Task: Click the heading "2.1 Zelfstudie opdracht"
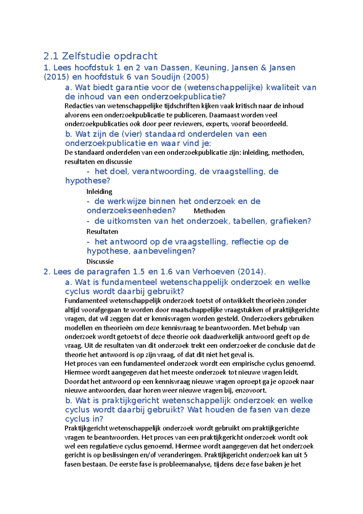click(100, 56)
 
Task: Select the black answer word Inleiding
click(99, 192)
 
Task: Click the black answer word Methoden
click(209, 211)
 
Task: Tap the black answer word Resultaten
click(102, 232)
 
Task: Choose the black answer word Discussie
click(100, 262)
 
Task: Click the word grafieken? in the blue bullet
click(290, 221)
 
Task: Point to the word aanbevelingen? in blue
click(164, 251)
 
